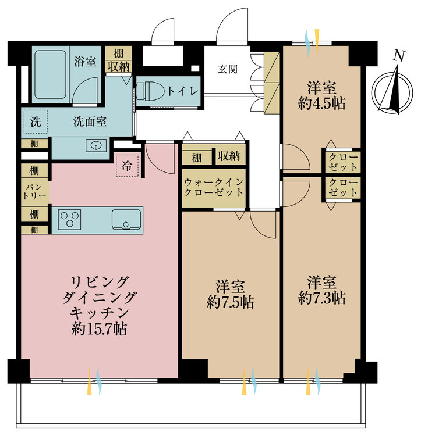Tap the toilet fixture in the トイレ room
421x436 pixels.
(149, 92)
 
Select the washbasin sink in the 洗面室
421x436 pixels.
(95, 145)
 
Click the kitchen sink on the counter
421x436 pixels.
(125, 220)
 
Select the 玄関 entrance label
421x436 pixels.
(228, 69)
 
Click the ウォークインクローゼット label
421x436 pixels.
(214, 187)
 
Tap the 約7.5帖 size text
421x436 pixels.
(230, 302)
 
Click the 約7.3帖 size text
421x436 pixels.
(322, 298)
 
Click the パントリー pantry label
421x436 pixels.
(35, 192)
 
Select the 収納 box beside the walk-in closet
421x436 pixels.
(230, 157)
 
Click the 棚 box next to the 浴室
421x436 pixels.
(118, 52)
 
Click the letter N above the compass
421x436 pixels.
(398, 56)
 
